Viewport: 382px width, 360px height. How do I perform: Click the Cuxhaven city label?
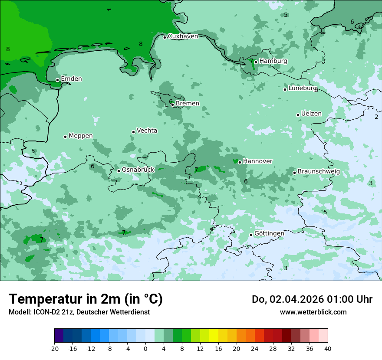pyautogui.click(x=183, y=36)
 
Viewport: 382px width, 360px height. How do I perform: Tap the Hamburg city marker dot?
pyautogui.click(x=256, y=62)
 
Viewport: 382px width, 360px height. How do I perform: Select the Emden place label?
pyautogui.click(x=71, y=79)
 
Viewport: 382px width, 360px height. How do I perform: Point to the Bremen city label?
pyautogui.click(x=188, y=104)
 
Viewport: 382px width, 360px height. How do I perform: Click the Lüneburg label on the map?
pyautogui.click(x=303, y=88)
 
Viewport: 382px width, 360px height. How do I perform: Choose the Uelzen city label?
pyautogui.click(x=311, y=114)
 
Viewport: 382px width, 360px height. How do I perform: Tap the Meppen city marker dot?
pyautogui.click(x=65, y=137)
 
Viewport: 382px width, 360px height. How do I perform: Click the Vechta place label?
pyautogui.click(x=147, y=131)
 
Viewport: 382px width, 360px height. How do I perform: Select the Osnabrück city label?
pyautogui.click(x=138, y=170)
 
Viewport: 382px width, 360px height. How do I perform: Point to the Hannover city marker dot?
pyautogui.click(x=240, y=162)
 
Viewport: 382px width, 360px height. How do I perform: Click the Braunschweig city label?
pyautogui.click(x=319, y=172)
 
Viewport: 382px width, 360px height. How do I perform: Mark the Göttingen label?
pyautogui.click(x=269, y=233)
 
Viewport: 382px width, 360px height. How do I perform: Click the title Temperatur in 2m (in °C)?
pyautogui.click(x=86, y=299)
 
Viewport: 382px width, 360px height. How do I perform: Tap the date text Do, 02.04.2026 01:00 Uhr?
pyautogui.click(x=312, y=299)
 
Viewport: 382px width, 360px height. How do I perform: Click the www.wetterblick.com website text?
pyautogui.click(x=313, y=312)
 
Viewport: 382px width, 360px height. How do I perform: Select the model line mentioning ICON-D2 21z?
pyautogui.click(x=79, y=312)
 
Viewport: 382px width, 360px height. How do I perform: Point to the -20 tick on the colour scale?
pyautogui.click(x=54, y=349)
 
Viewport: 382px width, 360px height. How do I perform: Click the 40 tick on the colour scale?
pyautogui.click(x=328, y=349)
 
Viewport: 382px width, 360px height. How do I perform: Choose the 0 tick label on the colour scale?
pyautogui.click(x=145, y=349)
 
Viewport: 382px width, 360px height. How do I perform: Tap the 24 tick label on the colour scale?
pyautogui.click(x=255, y=349)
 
